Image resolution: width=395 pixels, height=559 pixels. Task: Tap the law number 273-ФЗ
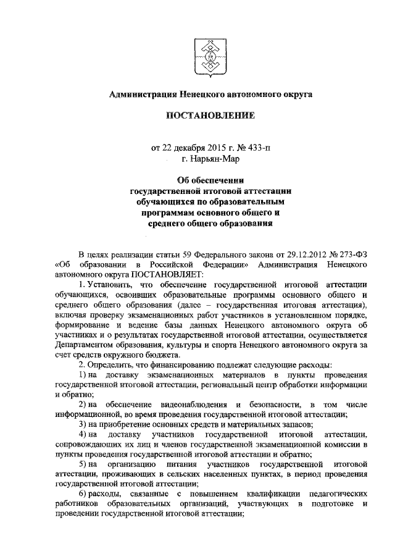point(338,254)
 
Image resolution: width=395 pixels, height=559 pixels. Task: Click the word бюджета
point(162,355)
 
